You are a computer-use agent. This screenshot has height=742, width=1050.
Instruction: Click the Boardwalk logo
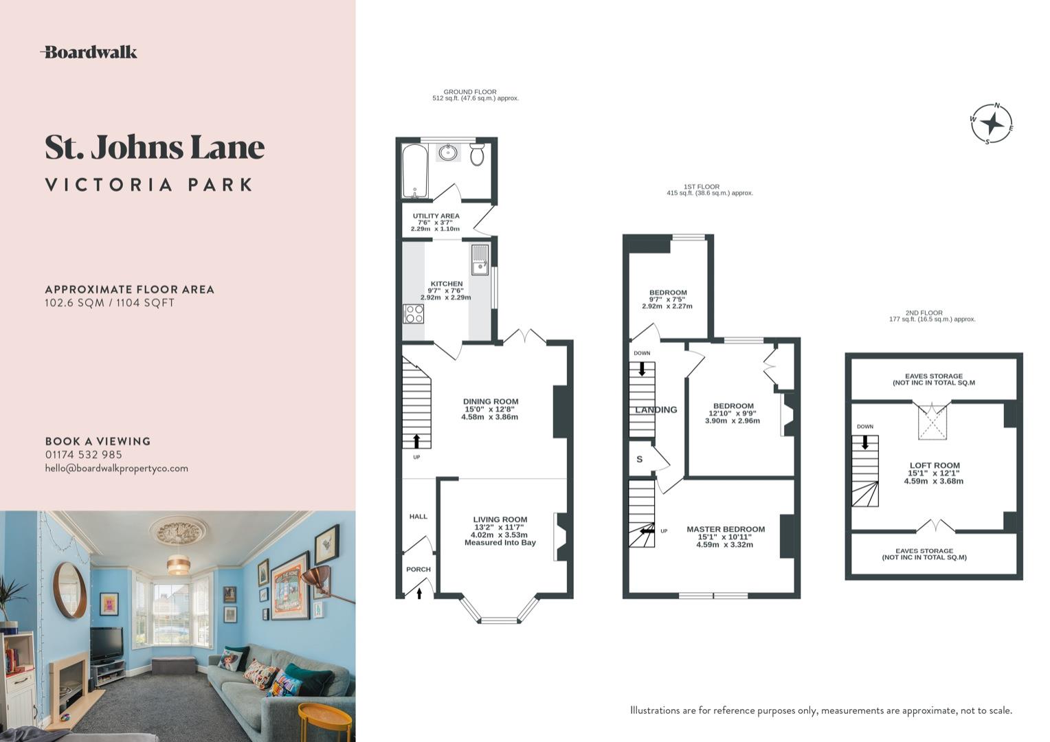pos(89,52)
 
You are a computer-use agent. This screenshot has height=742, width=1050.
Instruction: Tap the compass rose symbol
pos(992,124)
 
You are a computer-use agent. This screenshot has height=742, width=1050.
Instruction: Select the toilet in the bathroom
pos(478,154)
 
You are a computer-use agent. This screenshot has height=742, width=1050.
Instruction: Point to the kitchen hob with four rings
pos(414,314)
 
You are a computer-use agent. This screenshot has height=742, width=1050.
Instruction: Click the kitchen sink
pos(480,259)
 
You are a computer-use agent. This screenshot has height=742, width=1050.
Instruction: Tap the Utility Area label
pos(436,216)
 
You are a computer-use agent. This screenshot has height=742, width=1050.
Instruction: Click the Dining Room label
pos(490,402)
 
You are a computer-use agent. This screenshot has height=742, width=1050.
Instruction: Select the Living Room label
pos(500,520)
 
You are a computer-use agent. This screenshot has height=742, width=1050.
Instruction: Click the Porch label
pos(418,570)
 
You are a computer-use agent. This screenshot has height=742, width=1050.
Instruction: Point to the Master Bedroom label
pos(725,530)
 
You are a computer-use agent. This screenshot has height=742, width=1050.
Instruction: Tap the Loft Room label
pos(934,466)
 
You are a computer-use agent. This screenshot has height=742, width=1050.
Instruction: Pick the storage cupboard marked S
pos(640,459)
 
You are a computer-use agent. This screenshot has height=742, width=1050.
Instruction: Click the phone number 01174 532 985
pos(84,455)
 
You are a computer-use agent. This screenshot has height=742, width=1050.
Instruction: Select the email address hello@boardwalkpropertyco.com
pos(116,469)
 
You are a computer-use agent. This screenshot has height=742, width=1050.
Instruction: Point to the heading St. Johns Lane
pos(155,147)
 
